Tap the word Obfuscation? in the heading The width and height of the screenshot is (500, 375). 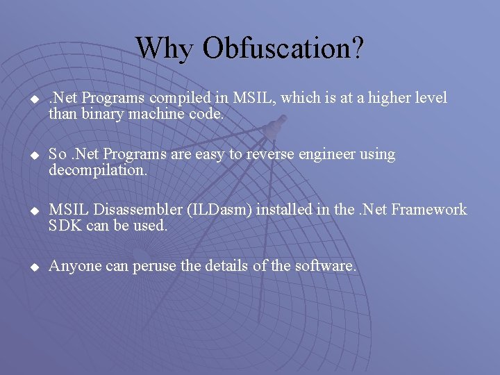[x=283, y=48]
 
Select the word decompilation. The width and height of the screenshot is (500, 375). [x=98, y=170]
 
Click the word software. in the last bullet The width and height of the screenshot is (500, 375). [x=328, y=266]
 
